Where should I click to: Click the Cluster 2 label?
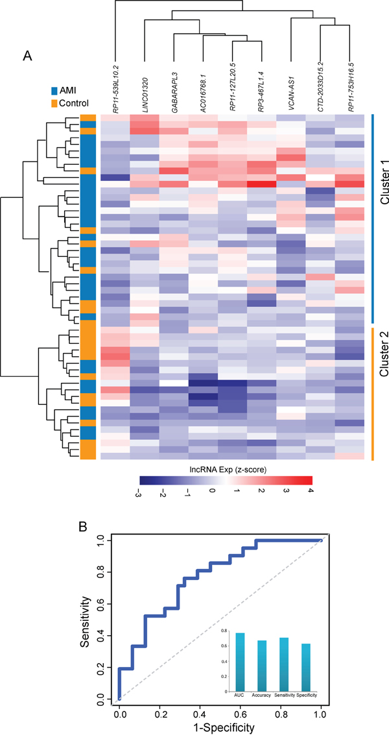pos(383,361)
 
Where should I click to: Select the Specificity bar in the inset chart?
pos(304,667)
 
